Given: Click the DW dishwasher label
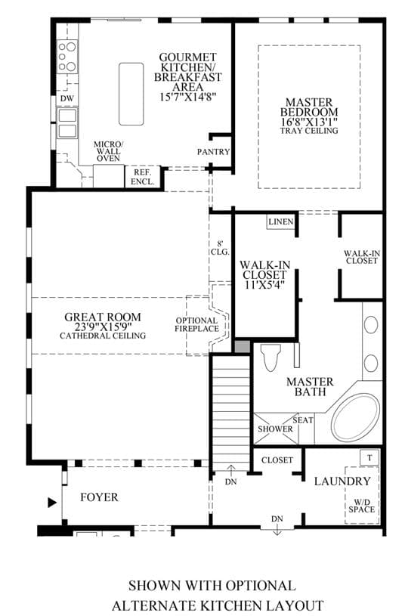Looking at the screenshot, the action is (x=67, y=98).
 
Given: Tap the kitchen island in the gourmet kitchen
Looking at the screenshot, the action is (x=131, y=94).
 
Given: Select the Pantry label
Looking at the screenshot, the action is (x=213, y=152).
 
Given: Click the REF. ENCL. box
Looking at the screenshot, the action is (x=143, y=177).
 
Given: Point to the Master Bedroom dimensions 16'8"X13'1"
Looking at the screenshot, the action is (x=309, y=122).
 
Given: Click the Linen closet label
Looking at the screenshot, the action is (x=281, y=221).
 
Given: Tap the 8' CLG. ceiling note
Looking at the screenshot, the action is (x=220, y=248).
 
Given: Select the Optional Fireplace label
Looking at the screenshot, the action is (x=196, y=325).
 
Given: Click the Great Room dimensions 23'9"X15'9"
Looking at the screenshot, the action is (x=103, y=327).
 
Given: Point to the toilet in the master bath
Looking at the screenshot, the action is (x=271, y=358).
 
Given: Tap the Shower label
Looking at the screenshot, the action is (x=275, y=429).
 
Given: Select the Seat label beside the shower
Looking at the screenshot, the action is (x=303, y=420).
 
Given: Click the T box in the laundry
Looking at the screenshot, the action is (x=369, y=458).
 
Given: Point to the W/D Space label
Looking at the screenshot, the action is (x=362, y=506).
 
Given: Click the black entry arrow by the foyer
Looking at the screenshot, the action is (x=52, y=503).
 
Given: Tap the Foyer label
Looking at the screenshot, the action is (x=99, y=497).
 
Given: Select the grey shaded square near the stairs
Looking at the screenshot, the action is (x=242, y=346).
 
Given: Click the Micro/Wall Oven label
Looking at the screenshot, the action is (x=108, y=151).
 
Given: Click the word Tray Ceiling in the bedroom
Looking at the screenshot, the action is (x=309, y=131).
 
